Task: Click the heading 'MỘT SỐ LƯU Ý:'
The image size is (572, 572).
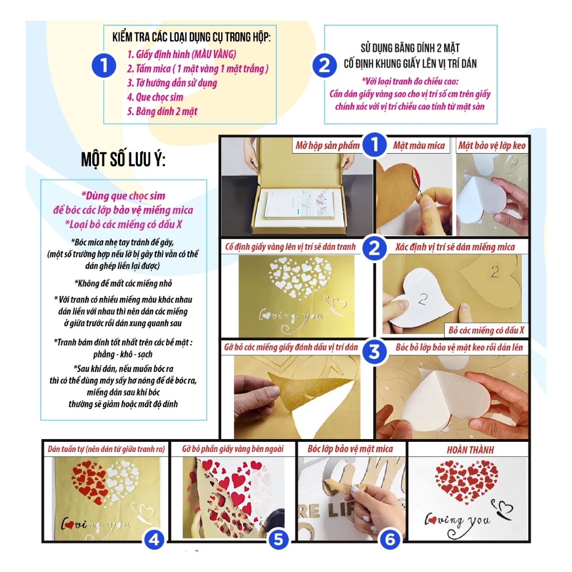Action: pos(123,160)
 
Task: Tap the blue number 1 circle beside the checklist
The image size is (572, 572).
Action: pos(104,66)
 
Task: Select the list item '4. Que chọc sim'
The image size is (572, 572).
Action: pos(155,97)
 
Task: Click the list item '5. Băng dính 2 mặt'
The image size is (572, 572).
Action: pos(162,112)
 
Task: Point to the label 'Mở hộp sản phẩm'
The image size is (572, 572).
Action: pos(327,146)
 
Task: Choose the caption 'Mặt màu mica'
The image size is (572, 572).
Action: pos(419,146)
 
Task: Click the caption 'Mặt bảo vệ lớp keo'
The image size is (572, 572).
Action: pos(492,146)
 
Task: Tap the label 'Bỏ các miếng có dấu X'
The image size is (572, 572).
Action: pos(487,330)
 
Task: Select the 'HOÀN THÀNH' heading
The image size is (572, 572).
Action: pos(470,450)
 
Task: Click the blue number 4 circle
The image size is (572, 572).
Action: pos(154,539)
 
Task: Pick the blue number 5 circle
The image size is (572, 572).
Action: pos(278,539)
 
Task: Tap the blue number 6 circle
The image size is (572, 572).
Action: pos(390,539)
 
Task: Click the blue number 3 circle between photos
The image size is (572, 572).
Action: pos(374,352)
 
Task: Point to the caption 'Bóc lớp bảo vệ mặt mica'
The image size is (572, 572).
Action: pos(350,449)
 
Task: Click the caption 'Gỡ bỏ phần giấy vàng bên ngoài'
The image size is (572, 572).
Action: pos(233,449)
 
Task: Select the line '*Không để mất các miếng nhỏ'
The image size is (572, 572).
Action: pos(123,283)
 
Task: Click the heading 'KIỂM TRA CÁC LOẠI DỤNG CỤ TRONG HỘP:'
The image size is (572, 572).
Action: pos(192,37)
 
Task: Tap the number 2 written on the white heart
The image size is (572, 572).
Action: pos(422,299)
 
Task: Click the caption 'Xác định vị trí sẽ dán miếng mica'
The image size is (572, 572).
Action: pos(455,247)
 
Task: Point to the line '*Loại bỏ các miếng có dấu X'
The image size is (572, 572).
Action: pos(123,225)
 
